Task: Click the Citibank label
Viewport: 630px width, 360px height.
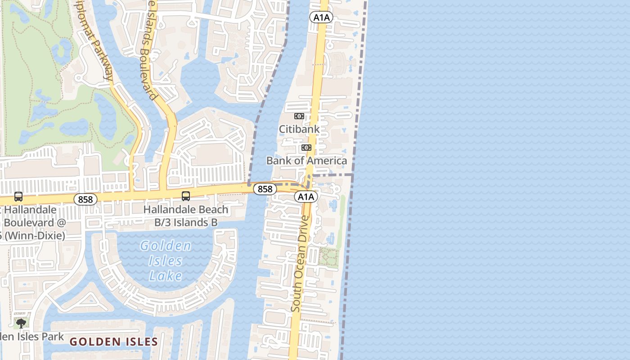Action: click(x=299, y=129)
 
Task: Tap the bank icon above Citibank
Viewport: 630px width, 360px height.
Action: click(x=299, y=116)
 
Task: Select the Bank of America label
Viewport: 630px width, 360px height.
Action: click(x=306, y=161)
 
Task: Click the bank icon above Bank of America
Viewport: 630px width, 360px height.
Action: click(x=306, y=148)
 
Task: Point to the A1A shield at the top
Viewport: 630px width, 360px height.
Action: click(x=321, y=18)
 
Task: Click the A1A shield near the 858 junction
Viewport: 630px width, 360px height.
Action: click(x=306, y=197)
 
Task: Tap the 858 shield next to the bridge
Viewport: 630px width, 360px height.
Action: click(x=265, y=189)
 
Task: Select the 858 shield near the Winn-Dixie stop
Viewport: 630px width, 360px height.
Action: click(x=85, y=199)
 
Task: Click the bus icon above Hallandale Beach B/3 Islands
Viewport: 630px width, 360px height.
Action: click(x=185, y=196)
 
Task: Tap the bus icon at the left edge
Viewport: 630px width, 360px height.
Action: click(x=18, y=197)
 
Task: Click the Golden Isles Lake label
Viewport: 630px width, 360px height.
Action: click(x=166, y=261)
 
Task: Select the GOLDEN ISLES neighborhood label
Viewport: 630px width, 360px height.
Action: click(x=114, y=342)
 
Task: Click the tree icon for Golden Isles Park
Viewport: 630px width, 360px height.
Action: click(x=21, y=323)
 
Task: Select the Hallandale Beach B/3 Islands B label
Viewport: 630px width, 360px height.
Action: click(x=186, y=216)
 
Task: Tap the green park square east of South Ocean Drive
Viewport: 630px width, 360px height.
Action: click(x=328, y=258)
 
